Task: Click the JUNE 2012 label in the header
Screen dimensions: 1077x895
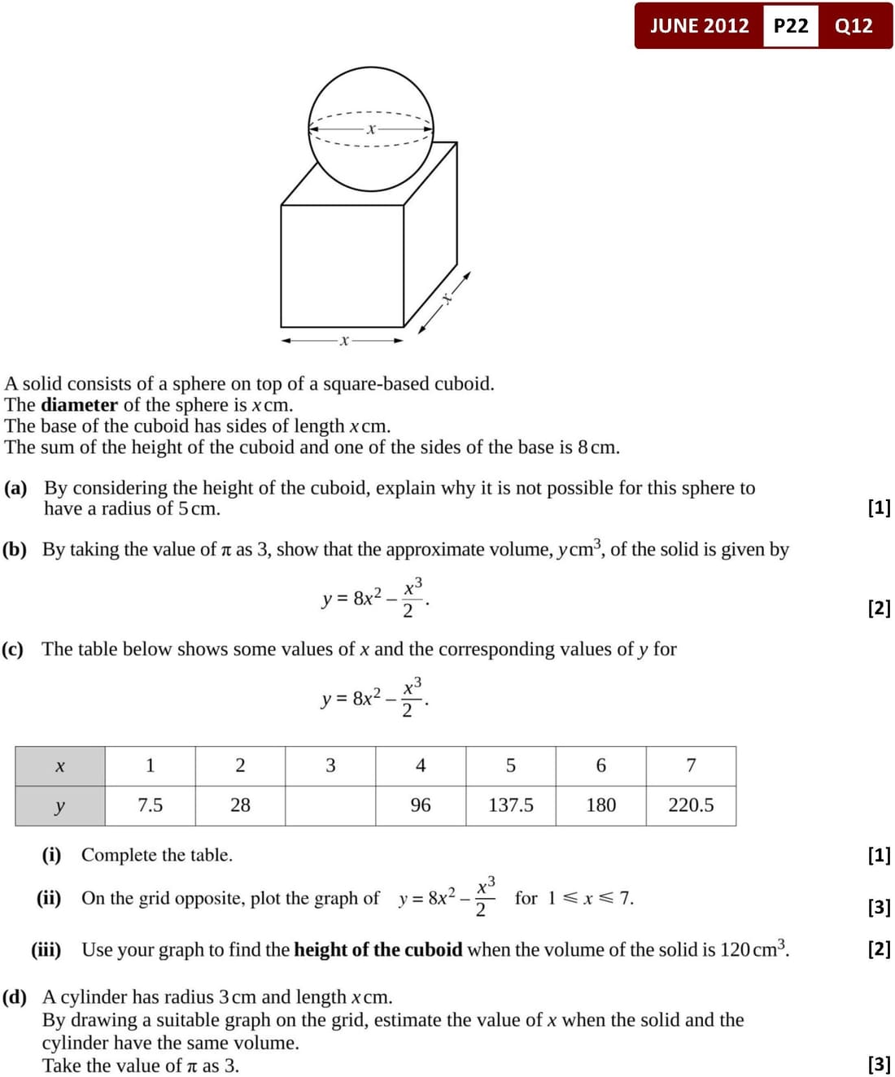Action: [699, 26]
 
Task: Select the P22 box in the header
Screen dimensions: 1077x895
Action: [791, 26]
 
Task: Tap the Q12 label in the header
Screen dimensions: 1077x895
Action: [854, 26]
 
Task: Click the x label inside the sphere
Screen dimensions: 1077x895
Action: [371, 129]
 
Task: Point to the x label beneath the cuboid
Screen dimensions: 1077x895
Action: [344, 341]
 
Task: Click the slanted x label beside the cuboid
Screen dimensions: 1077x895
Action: [447, 299]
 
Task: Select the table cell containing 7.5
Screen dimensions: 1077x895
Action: [150, 805]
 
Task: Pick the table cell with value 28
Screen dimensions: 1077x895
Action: [240, 805]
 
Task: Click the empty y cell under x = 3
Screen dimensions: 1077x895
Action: [330, 805]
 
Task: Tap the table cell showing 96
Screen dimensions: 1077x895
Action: [421, 805]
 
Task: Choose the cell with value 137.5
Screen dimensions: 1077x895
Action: [511, 805]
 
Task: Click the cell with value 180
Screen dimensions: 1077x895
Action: [601, 805]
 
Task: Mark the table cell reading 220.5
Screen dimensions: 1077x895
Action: [691, 805]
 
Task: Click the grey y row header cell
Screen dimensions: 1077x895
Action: [59, 806]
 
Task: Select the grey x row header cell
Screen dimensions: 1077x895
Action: [59, 766]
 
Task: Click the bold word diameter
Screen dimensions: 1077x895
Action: [79, 405]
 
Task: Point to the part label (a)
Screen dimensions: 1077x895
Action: [15, 488]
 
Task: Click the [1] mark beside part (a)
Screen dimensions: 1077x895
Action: [879, 508]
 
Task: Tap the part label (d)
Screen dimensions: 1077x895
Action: [15, 997]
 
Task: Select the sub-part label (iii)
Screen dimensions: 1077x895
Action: [46, 949]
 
